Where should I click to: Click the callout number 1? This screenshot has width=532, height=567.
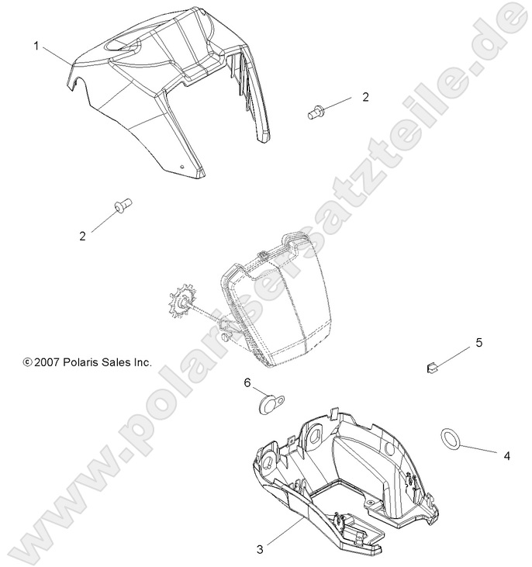[36, 46]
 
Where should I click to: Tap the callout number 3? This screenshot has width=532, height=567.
[260, 550]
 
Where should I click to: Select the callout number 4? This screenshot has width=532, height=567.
[507, 456]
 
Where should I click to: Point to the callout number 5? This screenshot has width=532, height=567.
[478, 342]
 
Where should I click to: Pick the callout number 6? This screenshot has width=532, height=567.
[247, 382]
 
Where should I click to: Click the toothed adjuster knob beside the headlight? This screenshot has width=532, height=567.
[182, 303]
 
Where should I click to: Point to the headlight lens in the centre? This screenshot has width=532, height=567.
[275, 310]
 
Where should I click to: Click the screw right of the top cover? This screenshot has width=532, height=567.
[315, 112]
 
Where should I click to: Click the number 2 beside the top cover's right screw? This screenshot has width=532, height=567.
[365, 97]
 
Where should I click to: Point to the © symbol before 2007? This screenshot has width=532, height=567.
[28, 362]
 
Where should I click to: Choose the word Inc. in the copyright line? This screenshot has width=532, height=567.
[143, 362]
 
